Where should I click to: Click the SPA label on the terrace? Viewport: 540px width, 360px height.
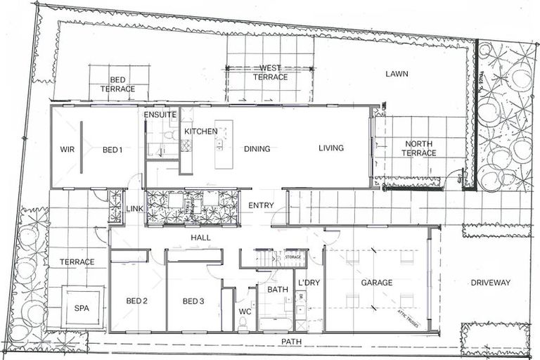pos(82,308)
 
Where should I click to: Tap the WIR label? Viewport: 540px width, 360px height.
pos(67,149)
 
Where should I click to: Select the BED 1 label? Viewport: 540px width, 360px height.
pos(112,149)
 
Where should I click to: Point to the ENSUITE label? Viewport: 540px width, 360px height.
pos(160,115)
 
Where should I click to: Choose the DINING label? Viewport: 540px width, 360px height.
pos(257,149)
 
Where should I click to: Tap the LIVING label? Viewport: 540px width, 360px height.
pos(331,148)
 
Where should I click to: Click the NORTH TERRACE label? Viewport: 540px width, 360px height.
pos(419,148)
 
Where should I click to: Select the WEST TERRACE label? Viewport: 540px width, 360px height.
pos(271,72)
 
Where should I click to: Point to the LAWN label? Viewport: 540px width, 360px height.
pos(397,74)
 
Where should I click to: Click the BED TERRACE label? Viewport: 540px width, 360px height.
pos(117,84)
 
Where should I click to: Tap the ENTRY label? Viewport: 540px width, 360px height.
pos(261,205)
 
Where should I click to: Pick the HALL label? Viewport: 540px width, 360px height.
pos(200,238)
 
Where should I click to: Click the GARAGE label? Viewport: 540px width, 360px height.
pos(377,283)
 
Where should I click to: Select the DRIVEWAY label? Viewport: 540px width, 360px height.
pos(491,283)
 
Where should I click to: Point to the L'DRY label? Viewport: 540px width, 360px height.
pos(309,283)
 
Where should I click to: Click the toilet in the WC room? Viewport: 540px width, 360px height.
pos(243,323)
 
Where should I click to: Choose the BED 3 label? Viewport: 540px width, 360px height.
pos(193,302)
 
